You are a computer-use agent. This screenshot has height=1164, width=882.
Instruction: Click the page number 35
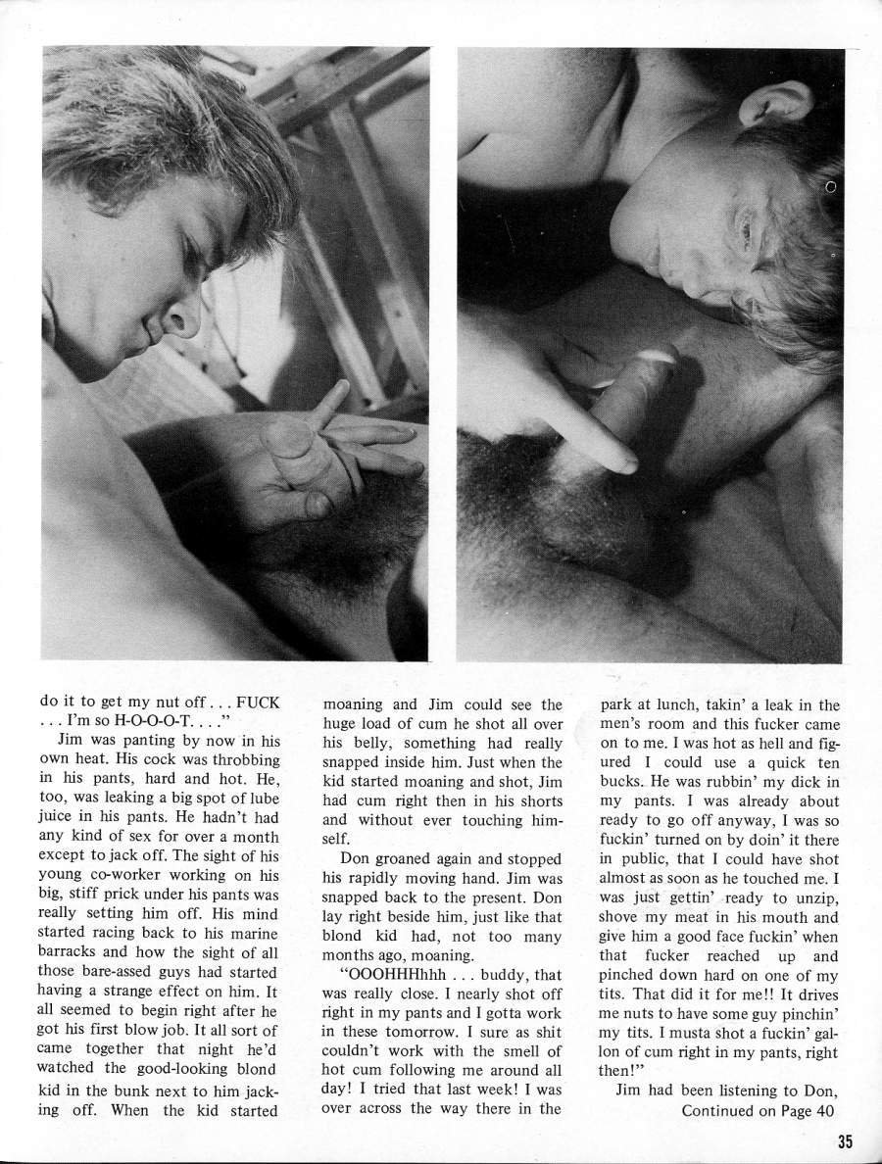click(849, 1140)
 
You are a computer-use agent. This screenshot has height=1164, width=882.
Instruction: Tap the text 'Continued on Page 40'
click(759, 1109)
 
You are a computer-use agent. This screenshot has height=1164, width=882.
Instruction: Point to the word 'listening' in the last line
click(759, 1091)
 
